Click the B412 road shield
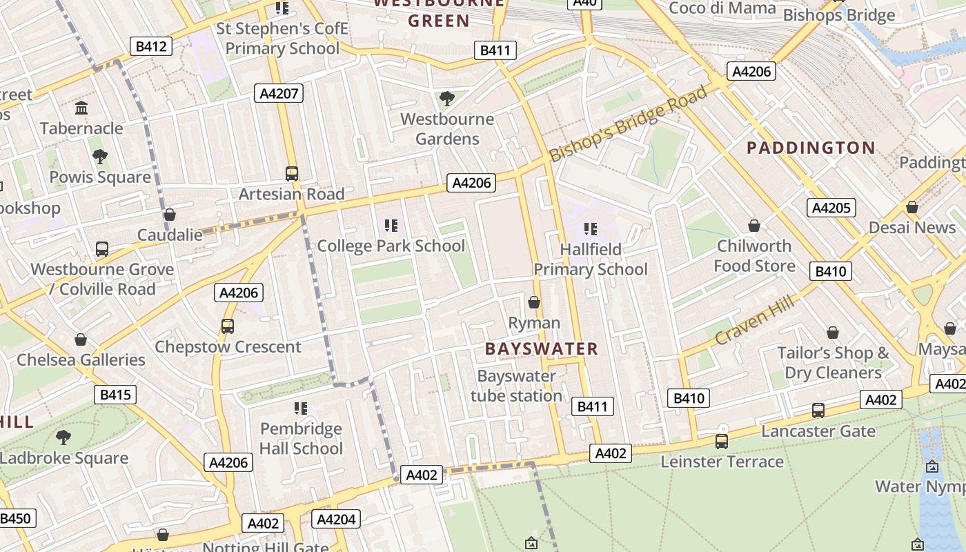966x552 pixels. click(151, 47)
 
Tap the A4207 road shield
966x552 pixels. click(279, 93)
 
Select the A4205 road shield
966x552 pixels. click(831, 208)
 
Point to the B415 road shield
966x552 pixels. click(115, 395)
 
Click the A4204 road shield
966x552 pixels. click(336, 519)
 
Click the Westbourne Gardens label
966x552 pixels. click(447, 129)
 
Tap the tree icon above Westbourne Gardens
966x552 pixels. click(447, 99)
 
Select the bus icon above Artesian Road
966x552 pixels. click(292, 174)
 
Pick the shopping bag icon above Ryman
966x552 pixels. click(534, 302)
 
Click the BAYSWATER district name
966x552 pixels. click(542, 349)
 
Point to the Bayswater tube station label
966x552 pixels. click(516, 386)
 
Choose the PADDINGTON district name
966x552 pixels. click(811, 148)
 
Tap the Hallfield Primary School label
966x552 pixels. click(591, 259)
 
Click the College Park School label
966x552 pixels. click(391, 246)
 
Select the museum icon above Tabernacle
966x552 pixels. click(81, 108)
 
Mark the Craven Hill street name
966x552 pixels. click(756, 318)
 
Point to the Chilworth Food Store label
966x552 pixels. click(754, 256)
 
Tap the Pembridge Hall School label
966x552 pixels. click(301, 439)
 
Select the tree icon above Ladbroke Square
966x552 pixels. click(63, 437)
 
